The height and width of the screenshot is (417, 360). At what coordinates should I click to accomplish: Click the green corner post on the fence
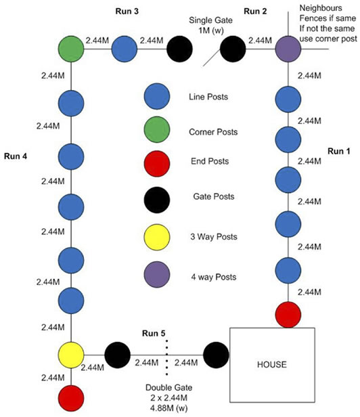point(71,49)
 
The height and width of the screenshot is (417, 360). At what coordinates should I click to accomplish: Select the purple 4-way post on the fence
point(288,49)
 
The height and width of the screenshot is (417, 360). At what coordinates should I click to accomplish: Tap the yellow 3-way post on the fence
point(71,355)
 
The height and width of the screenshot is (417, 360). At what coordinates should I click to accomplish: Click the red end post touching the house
point(288,315)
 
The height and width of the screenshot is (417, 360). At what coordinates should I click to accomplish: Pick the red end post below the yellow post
point(71,398)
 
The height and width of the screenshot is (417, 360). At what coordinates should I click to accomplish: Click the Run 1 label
point(339,152)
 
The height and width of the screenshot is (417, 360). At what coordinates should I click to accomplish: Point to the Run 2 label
point(255,11)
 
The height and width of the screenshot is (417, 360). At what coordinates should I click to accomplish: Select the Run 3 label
point(127,11)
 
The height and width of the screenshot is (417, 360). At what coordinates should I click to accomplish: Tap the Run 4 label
point(16,156)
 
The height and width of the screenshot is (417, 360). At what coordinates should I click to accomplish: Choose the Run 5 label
point(154,333)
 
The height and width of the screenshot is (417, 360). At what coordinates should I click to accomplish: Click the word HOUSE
point(272,364)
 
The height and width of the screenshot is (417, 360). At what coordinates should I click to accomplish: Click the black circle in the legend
point(157,200)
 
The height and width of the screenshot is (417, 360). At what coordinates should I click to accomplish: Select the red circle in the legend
point(157,164)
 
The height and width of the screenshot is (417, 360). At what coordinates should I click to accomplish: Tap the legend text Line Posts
point(208,97)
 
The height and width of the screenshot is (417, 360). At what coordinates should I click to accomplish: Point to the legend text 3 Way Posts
point(214,236)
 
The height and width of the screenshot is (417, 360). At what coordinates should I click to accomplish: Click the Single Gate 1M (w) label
point(210,25)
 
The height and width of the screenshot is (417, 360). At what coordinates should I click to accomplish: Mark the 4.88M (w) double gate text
point(168,408)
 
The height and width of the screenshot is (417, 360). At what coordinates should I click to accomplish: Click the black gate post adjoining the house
point(216,355)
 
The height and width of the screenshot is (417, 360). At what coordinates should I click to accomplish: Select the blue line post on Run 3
point(124,49)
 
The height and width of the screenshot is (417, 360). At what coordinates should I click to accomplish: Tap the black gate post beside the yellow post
point(118,355)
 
